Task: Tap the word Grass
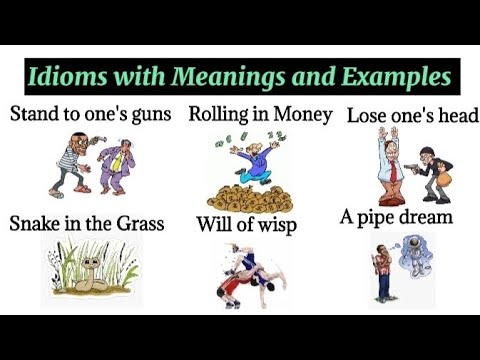(136, 222)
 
